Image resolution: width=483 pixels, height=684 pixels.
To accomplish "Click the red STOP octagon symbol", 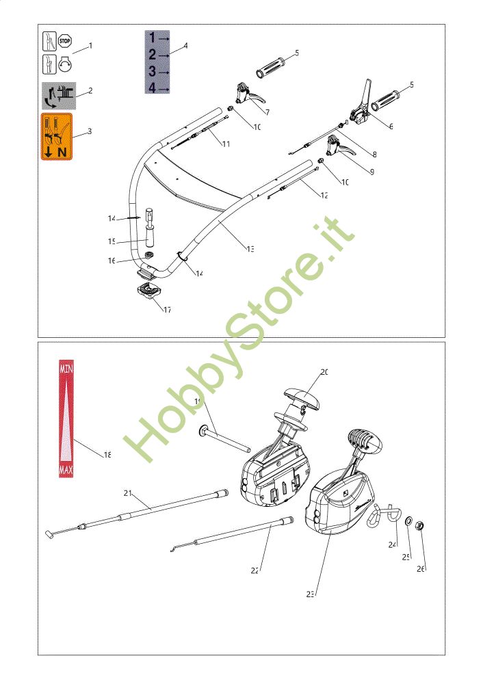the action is tap(66, 41).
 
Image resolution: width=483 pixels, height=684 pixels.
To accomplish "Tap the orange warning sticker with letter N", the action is tap(57, 137).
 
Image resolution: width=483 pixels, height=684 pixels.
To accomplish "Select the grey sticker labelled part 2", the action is tap(59, 96).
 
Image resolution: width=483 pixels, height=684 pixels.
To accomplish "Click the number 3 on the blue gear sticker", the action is tap(153, 71).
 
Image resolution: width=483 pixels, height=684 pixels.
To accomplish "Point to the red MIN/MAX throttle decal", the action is tap(66, 418).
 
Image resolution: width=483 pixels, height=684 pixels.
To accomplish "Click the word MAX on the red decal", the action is tap(66, 470).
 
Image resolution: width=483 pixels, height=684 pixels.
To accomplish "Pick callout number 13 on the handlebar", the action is tap(250, 248).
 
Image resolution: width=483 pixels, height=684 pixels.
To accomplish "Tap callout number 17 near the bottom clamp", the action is tap(167, 309).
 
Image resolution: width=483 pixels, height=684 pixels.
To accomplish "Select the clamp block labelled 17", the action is tap(148, 291).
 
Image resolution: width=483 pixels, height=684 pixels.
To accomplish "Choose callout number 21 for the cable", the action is tap(128, 492).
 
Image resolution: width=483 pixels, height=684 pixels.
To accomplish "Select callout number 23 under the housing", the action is tap(310, 594).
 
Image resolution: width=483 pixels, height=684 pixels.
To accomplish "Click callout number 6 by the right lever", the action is tap(391, 126).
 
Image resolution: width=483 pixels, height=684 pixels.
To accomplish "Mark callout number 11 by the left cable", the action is tap(225, 144).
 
